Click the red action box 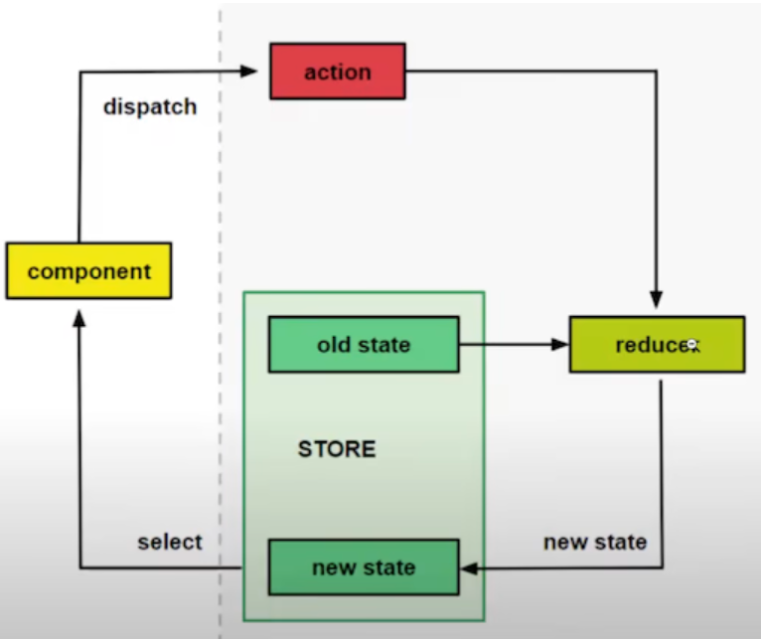click(337, 71)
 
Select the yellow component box click(88, 271)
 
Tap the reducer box click(656, 344)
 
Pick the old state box click(363, 345)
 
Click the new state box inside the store click(363, 568)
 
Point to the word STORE click(337, 449)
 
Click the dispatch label click(149, 106)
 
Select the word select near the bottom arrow click(169, 542)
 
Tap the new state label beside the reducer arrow click(594, 542)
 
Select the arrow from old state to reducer click(512, 345)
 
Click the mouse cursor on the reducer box click(692, 345)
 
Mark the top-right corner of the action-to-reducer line click(656, 71)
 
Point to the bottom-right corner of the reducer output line click(662, 568)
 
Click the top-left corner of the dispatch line click(79, 71)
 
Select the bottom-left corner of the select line click(79, 568)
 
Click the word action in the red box click(337, 72)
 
